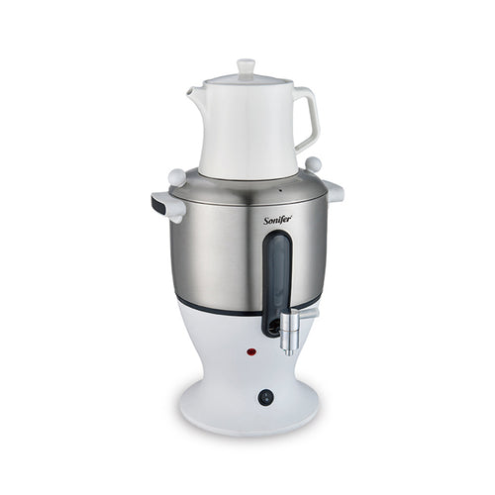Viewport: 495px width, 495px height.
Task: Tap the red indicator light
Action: (x=252, y=351)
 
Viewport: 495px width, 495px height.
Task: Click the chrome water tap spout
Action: (x=289, y=336)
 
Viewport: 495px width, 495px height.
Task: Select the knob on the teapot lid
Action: (x=246, y=66)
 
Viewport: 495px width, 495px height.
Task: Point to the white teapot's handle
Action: (x=305, y=119)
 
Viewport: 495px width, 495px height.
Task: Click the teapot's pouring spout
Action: (x=196, y=94)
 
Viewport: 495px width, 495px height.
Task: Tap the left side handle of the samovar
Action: (x=166, y=206)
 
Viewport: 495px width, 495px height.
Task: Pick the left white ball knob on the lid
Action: (x=178, y=176)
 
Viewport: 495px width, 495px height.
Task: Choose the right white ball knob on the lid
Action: (x=313, y=163)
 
